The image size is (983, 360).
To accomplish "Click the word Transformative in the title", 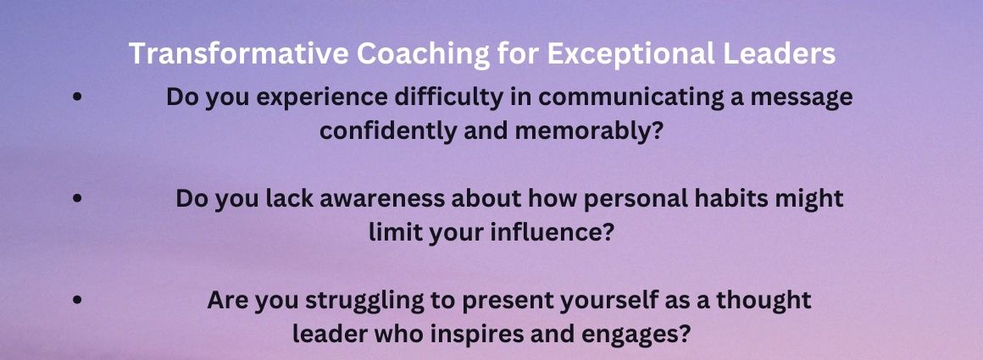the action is coord(239,54).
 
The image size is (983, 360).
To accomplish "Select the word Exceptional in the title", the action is coord(630,54).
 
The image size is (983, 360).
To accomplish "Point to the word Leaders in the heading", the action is coord(779,54).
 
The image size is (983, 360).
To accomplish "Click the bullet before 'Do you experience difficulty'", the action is coord(77,98).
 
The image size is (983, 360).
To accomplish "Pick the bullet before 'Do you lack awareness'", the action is coord(77,198).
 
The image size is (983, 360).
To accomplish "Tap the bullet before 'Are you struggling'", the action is coord(77,299).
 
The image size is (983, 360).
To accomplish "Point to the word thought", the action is coord(764,300).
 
